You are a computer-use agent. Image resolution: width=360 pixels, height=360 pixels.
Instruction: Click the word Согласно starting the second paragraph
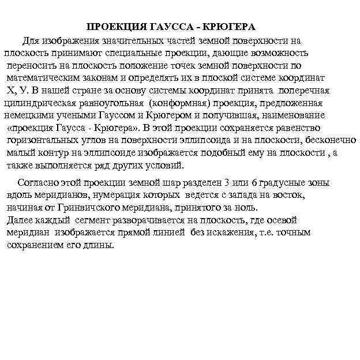pos(38,183)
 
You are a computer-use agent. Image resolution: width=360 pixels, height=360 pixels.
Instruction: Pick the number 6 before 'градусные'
pos(254,183)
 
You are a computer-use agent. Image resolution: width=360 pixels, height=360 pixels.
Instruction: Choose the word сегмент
pos(92,220)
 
